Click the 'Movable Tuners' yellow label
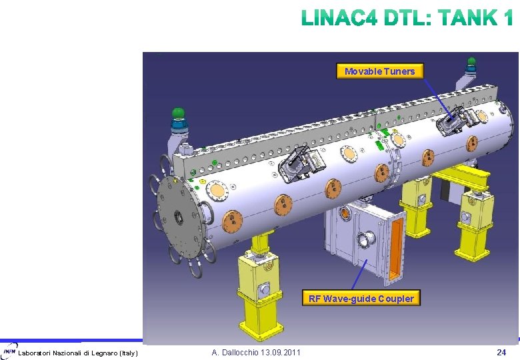[380, 71]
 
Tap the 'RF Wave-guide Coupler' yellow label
[361, 298]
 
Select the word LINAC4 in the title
[339, 17]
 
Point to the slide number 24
[501, 352]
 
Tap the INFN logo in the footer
[9, 351]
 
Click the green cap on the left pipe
[179, 113]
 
